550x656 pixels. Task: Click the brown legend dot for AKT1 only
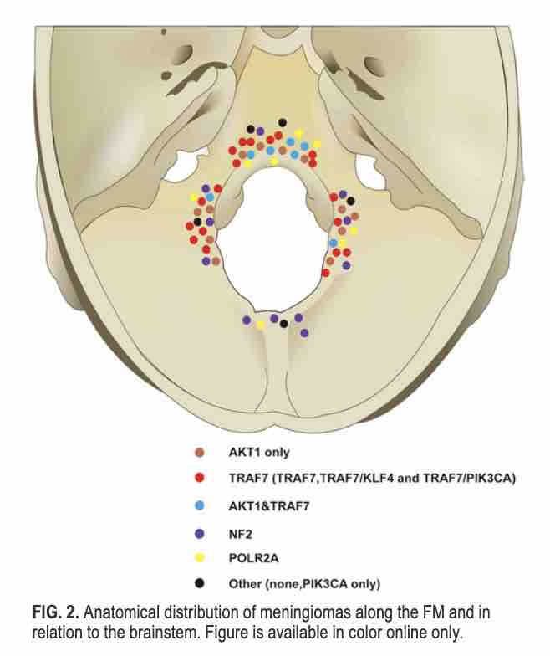coord(199,453)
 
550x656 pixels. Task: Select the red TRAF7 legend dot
coord(199,479)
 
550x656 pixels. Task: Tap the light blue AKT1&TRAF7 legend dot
coord(199,505)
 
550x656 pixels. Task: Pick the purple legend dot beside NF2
coord(199,531)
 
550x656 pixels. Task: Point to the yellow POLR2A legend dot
coord(199,556)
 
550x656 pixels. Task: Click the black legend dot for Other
coord(199,582)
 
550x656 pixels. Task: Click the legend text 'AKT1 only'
coord(259,453)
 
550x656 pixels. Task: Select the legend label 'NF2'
coord(238,531)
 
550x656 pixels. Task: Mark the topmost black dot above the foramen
coord(283,122)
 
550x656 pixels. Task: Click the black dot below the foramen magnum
coord(284,323)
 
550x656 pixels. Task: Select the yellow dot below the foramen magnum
coord(261,324)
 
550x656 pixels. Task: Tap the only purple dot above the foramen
coord(261,131)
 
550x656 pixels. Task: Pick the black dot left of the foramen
coord(198,222)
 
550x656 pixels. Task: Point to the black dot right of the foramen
coord(351,201)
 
